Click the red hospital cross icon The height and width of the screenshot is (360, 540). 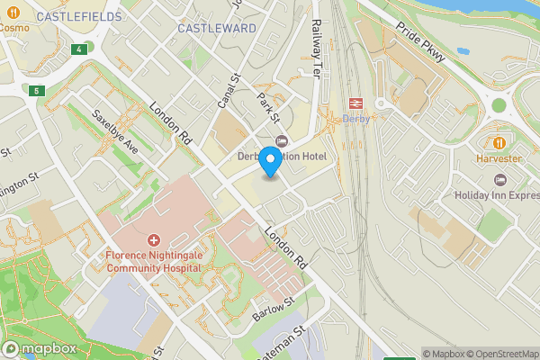point(153,240)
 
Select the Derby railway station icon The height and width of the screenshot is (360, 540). point(355,103)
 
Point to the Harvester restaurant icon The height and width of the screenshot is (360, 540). point(500,143)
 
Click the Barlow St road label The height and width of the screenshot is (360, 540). point(274,310)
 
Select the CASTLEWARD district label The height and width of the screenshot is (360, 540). point(217,29)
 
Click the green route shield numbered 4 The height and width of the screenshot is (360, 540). point(81,49)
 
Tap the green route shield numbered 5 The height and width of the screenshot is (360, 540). point(37,91)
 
